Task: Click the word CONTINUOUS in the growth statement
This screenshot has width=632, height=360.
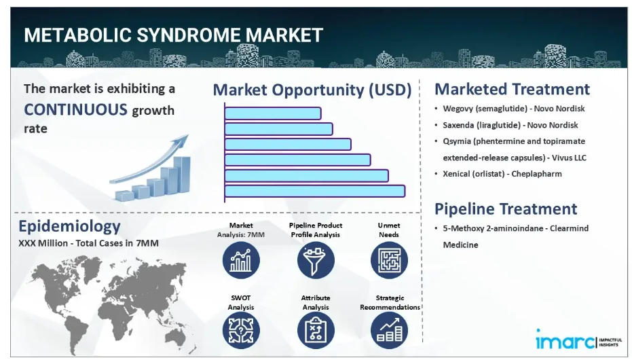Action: click(x=75, y=109)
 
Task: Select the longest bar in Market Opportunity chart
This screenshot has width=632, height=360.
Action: click(x=315, y=191)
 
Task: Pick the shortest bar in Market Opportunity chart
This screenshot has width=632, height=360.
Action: click(x=273, y=113)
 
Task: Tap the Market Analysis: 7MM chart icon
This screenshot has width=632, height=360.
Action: click(x=241, y=260)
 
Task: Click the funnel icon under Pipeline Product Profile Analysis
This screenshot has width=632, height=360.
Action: click(x=316, y=260)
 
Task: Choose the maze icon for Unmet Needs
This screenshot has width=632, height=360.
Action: click(x=389, y=260)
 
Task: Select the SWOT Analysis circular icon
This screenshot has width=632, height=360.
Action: click(x=241, y=331)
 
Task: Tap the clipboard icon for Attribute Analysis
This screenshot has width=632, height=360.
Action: click(x=316, y=331)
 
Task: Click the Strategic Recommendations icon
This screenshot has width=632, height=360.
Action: click(x=389, y=331)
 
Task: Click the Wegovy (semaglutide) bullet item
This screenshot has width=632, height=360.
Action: click(x=513, y=109)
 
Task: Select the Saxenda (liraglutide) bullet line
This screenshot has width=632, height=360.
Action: click(x=510, y=125)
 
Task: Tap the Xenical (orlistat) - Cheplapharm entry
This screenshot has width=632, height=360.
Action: click(x=502, y=174)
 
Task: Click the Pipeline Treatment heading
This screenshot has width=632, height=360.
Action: click(x=506, y=209)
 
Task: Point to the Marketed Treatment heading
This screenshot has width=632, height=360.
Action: click(x=512, y=89)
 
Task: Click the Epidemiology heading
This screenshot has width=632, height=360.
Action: click(x=69, y=226)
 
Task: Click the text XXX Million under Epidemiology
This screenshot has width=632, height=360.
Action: click(x=43, y=243)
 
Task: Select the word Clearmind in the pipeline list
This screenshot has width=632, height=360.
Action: click(x=569, y=228)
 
